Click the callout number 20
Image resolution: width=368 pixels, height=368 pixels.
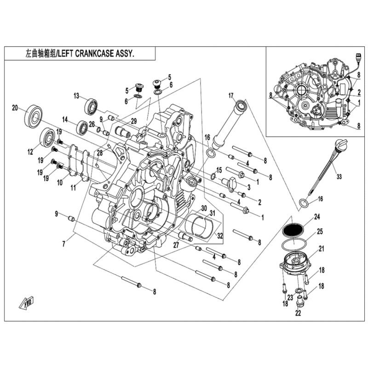coord(15,108)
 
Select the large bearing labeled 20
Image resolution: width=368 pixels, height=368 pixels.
coord(33,117)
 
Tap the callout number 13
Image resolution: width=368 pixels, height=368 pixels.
coord(76,96)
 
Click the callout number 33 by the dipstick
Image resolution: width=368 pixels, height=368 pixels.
coord(339,177)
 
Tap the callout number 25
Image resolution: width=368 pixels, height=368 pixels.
coord(320,232)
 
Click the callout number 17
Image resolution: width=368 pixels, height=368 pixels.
coord(231,96)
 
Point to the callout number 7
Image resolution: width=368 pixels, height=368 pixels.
coord(63,244)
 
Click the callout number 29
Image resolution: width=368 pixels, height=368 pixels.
coord(133,121)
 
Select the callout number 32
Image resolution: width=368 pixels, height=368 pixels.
coord(219,236)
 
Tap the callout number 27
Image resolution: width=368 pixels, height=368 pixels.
coord(176,245)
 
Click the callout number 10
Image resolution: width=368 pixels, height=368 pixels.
coord(60,182)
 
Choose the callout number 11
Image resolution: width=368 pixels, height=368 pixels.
coord(74,188)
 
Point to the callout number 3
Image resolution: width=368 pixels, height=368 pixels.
coord(249,187)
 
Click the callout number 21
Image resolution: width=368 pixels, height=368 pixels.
coord(321,248)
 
